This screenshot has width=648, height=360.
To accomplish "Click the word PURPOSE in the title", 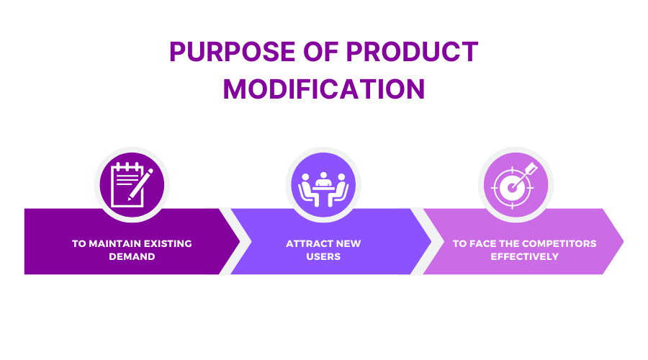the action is click(232, 52).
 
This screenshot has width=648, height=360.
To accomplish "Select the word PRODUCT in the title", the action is click(412, 52).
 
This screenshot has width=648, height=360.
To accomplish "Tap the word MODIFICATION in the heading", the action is click(323, 89).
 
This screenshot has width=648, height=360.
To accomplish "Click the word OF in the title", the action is click(320, 52).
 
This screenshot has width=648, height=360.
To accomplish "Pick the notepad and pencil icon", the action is click(132, 184).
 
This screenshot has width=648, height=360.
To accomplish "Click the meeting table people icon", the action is click(323, 189).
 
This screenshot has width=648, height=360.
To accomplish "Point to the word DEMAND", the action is click(132, 256).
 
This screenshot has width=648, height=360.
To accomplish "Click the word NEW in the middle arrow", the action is click(348, 243).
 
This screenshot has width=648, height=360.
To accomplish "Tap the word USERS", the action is click(323, 256).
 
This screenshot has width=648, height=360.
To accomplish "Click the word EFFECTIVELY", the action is click(524, 256).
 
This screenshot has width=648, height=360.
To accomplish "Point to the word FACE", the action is click(483, 243).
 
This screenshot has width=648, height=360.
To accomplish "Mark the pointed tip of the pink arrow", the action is click(623, 241).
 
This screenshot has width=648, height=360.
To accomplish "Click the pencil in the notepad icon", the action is click(140, 184).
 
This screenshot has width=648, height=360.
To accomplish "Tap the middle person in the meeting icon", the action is click(323, 180).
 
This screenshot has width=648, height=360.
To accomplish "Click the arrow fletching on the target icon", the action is click(531, 168).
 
